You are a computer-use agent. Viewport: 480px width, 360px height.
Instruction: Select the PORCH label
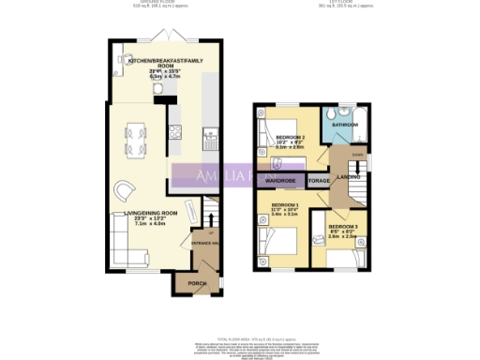[x=198, y=283]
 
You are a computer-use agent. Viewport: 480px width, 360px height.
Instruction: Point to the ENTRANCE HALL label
[x=204, y=243]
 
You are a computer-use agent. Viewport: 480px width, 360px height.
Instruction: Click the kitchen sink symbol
[x=208, y=142]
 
